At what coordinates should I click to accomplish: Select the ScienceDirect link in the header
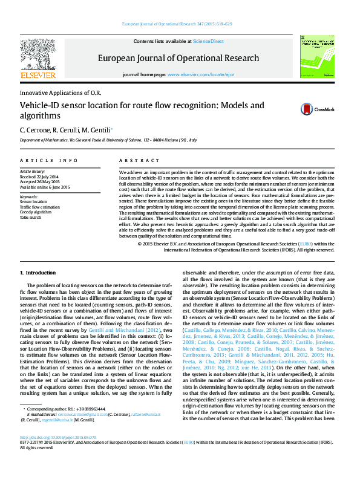208,41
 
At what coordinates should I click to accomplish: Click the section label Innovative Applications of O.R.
61,92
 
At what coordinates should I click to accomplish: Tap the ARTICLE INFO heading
49,160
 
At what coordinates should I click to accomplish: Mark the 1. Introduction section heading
38,273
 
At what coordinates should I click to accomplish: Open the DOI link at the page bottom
57,454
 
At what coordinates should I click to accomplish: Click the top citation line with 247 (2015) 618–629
177,24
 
